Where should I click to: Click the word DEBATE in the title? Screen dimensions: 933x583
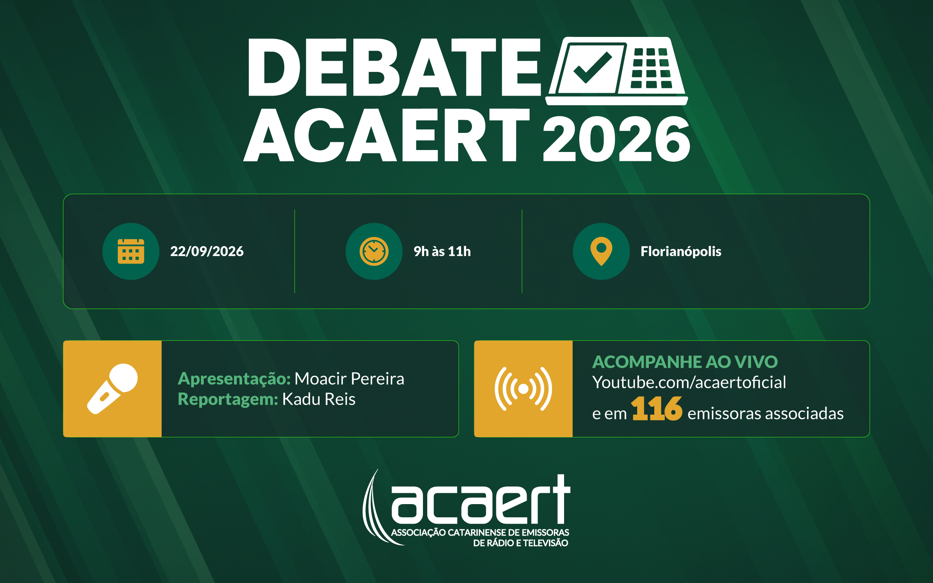click(395, 67)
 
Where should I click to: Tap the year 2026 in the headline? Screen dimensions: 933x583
click(616, 138)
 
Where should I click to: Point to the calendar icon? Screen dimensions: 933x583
click(131, 251)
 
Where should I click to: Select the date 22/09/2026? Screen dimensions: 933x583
click(207, 251)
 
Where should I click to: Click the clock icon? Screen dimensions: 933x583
click(374, 251)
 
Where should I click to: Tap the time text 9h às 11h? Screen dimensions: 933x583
click(442, 251)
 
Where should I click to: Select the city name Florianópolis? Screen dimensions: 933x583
click(681, 251)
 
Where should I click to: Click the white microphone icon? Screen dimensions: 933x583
click(112, 389)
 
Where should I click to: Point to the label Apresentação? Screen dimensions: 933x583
click(234, 379)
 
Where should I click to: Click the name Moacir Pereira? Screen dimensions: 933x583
click(349, 379)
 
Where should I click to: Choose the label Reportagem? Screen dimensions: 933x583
click(228, 400)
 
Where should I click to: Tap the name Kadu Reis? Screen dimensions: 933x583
click(319, 399)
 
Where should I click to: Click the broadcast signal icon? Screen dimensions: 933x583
click(523, 389)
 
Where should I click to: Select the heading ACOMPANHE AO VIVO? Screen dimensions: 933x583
click(685, 362)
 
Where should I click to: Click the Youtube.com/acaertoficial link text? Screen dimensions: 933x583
click(689, 382)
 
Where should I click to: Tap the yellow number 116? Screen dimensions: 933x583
click(656, 408)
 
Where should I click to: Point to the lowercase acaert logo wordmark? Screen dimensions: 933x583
click(481, 499)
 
